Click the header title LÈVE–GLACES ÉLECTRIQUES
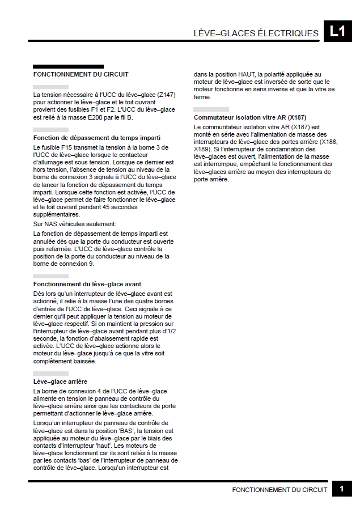click(256, 33)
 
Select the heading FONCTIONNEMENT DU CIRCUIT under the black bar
click(81, 74)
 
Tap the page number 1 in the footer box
click(342, 490)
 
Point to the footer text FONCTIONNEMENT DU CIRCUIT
click(279, 490)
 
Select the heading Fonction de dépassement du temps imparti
click(97, 138)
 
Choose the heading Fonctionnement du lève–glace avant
click(87, 283)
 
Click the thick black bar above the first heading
click(68, 66)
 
